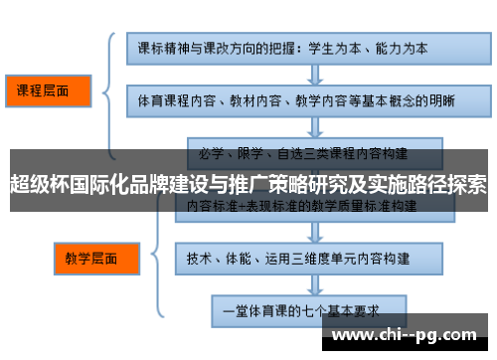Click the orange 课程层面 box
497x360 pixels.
tap(48, 90)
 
